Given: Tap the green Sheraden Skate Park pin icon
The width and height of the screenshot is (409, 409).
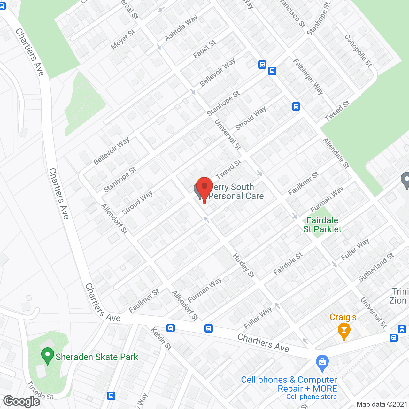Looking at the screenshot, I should (48, 355).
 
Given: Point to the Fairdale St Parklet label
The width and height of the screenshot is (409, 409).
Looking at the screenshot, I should (322, 225).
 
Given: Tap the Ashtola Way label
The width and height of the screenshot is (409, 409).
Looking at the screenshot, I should (181, 28).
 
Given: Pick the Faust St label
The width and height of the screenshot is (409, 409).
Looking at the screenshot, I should (204, 49).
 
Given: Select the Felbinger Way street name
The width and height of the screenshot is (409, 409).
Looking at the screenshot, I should (308, 76).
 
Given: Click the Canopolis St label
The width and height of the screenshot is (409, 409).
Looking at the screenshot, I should (358, 51).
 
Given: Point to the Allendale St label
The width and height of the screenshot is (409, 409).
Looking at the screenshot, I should (336, 153).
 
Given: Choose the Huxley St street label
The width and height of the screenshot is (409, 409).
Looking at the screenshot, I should (243, 266).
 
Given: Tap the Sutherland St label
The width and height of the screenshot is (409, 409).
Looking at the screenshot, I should (376, 267).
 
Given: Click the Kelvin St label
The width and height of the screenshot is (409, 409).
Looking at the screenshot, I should (161, 338).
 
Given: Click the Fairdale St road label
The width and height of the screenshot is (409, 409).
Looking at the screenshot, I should (288, 264).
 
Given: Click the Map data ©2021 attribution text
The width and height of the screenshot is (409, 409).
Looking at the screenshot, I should (382, 405).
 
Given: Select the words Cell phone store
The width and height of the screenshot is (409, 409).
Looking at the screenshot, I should (312, 397).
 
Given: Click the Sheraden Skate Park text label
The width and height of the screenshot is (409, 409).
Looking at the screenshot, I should (97, 357).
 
